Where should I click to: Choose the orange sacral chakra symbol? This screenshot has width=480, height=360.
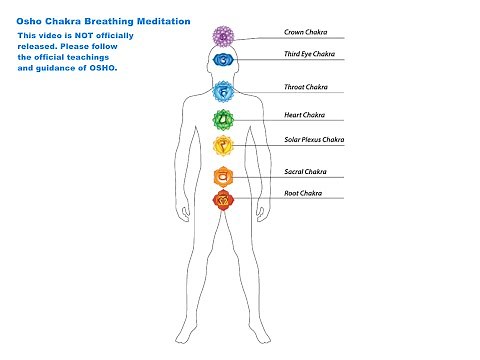(x=222, y=178)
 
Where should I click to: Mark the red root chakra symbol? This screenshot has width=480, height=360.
(x=222, y=200)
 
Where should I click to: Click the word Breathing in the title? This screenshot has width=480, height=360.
(x=104, y=21)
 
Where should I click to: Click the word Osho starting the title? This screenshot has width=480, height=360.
(x=28, y=21)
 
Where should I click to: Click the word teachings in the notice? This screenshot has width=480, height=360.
(x=100, y=57)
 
